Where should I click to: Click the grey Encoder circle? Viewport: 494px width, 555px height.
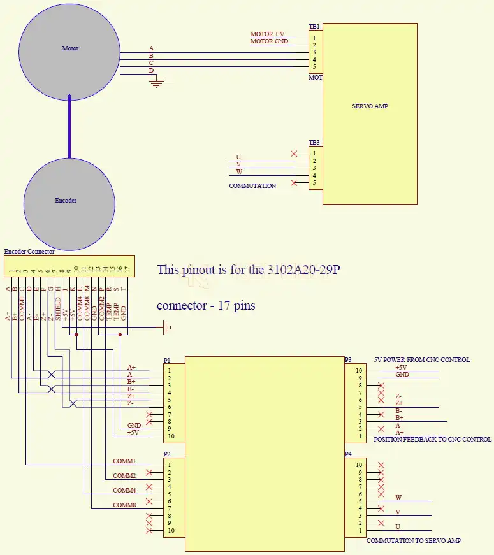69,203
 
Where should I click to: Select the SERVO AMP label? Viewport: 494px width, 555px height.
370,106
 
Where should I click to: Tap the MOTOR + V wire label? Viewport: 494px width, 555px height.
268,34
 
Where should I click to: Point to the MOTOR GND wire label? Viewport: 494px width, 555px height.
269,41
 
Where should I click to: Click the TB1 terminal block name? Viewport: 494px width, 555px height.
314,27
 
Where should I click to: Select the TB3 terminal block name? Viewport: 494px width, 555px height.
314,143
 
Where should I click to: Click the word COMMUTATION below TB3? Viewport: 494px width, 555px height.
252,186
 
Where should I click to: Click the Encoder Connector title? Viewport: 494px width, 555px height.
29,252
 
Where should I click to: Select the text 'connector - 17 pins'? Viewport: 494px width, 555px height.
206,306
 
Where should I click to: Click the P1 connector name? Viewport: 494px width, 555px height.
167,360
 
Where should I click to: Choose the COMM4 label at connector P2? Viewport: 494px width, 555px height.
124,491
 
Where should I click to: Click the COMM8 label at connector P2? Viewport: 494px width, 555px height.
124,505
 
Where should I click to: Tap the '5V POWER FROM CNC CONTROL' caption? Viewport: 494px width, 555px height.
422,360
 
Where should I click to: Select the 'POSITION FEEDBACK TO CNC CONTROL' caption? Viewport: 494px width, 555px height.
432,440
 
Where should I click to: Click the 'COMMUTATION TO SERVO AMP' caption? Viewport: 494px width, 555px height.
413,540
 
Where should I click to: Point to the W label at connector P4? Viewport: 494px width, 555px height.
398,498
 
